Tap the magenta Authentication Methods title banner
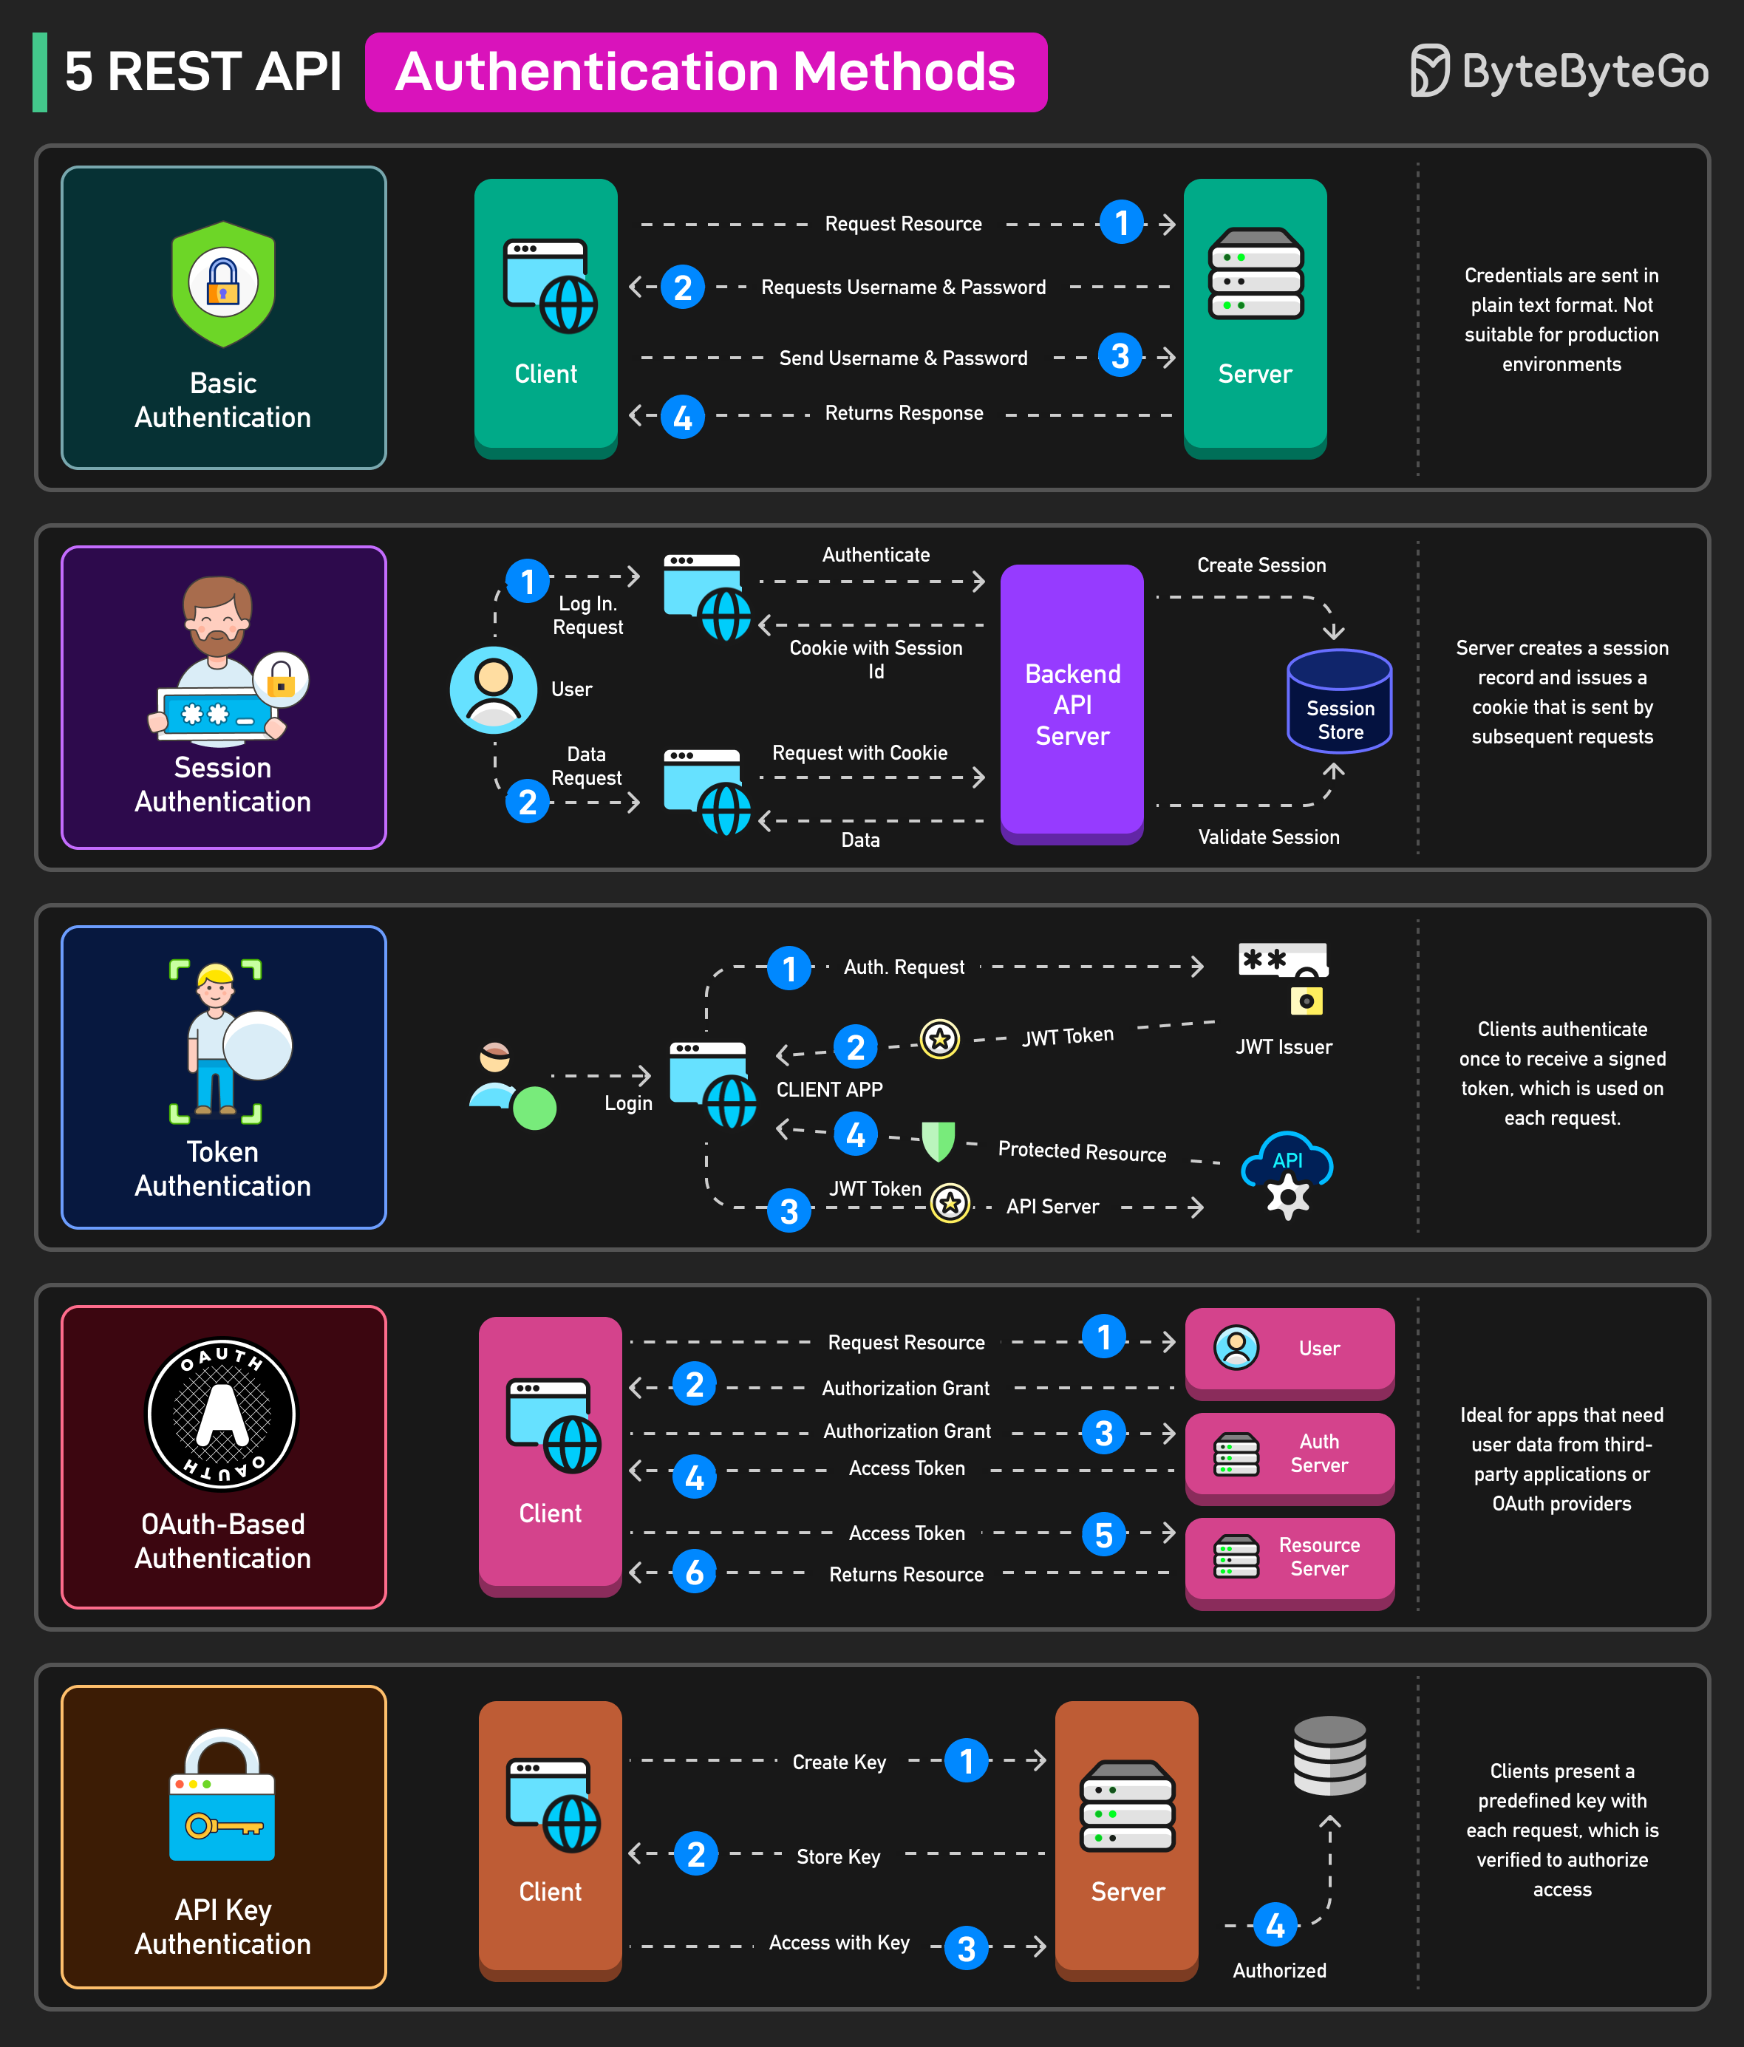click(706, 72)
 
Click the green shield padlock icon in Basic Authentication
click(223, 284)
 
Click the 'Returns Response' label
click(903, 413)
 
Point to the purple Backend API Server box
click(1072, 704)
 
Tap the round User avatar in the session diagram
click(493, 689)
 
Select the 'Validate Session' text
click(1269, 837)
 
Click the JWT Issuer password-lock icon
click(1284, 976)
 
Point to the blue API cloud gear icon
click(1287, 1174)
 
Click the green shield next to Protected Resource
click(938, 1141)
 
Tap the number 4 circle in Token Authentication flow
click(855, 1134)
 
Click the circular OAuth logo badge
click(222, 1414)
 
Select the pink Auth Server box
click(1290, 1454)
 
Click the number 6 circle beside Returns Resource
click(694, 1572)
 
